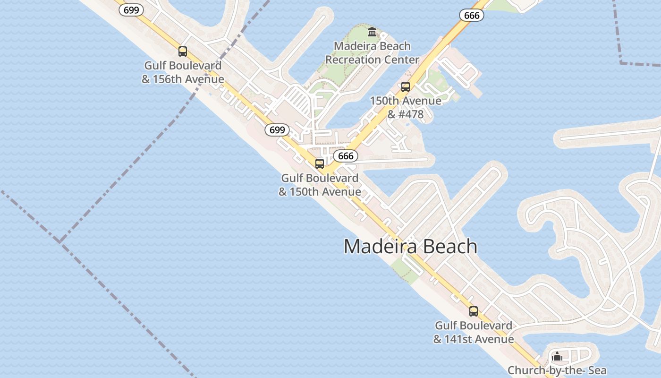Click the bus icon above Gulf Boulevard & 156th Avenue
coord(183,52)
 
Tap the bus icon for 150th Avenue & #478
coord(406,87)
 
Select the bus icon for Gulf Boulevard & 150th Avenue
coord(320,164)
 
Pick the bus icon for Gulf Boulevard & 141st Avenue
coord(474,311)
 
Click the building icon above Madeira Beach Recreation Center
coord(372,32)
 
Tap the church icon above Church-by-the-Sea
coord(557,356)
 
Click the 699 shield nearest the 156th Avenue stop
coord(131,10)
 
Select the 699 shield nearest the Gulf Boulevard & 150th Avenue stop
coord(277,130)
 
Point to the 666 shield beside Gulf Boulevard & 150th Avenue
coord(346,156)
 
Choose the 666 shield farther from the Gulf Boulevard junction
coord(472,16)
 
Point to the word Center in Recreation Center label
coord(401,60)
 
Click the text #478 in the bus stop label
coord(411,114)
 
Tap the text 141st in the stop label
coord(461,339)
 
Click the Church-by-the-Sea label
coord(557,370)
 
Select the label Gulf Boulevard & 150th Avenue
coord(320,185)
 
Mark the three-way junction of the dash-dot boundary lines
coord(60,242)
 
